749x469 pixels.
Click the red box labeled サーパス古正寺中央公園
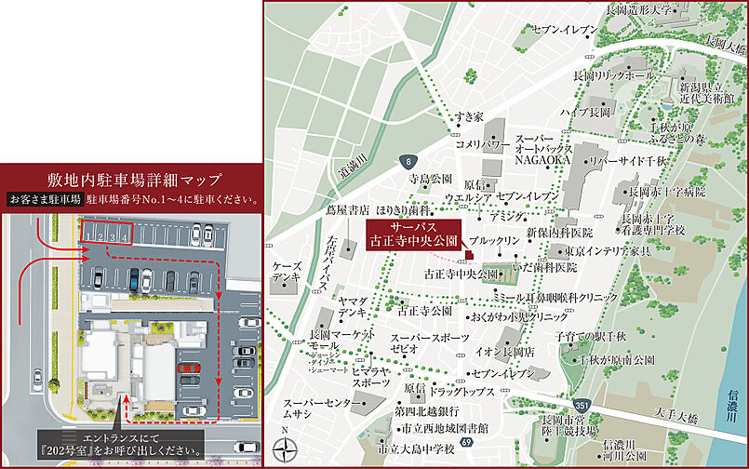tap(413, 234)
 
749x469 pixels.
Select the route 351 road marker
tap(582, 405)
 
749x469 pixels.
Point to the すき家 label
tap(469, 116)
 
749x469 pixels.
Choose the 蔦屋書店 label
tap(345, 210)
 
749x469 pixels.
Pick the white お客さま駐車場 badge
tap(45, 199)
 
